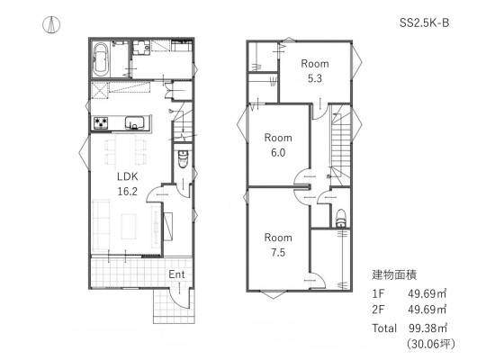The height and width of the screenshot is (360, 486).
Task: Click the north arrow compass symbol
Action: [x=51, y=25]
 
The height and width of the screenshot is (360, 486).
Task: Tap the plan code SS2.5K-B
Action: [x=424, y=22]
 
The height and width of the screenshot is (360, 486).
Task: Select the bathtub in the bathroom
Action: [x=101, y=59]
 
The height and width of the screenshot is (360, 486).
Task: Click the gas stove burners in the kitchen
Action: [x=101, y=122]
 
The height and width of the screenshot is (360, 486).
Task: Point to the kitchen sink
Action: [x=134, y=122]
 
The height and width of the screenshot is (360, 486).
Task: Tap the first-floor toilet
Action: [x=184, y=158]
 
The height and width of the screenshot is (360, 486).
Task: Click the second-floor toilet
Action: [x=341, y=218]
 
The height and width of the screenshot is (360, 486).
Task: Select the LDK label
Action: [x=128, y=176]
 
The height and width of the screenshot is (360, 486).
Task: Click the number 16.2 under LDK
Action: [x=128, y=192]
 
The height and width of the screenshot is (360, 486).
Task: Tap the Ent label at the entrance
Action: [x=176, y=274]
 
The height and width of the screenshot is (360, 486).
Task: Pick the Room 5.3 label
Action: [x=315, y=71]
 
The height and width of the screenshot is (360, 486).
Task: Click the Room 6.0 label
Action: [x=278, y=145]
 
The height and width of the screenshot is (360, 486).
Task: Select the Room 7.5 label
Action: [x=278, y=245]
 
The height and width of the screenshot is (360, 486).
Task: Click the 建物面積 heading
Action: [x=394, y=274]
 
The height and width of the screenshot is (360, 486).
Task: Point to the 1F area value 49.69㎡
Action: [x=427, y=293]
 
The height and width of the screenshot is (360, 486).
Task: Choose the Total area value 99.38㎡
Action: [x=427, y=328]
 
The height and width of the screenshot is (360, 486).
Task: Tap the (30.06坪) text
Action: [x=431, y=344]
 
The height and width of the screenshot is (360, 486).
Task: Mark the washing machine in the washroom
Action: [x=141, y=48]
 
